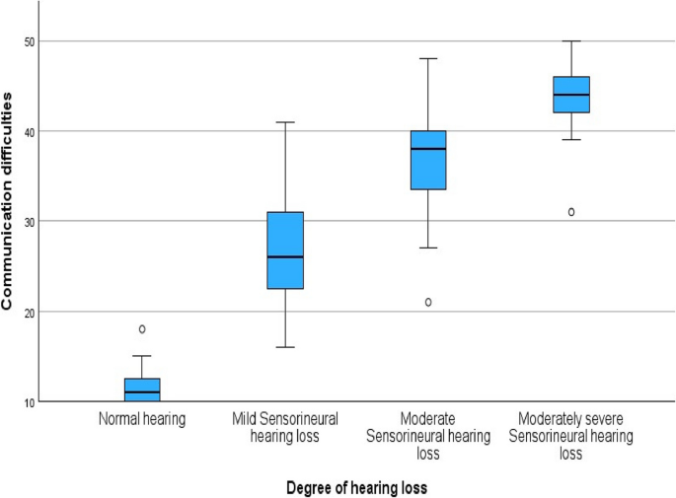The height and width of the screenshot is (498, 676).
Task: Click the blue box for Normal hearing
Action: [x=142, y=390]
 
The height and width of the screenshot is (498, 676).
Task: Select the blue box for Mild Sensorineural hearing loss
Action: [x=285, y=249]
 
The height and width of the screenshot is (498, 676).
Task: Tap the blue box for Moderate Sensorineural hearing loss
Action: [x=428, y=160]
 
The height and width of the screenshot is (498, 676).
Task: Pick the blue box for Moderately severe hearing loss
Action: [x=570, y=95]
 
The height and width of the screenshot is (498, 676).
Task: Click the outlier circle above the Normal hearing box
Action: [x=142, y=329]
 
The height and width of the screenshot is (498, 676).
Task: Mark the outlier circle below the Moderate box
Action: [x=428, y=302]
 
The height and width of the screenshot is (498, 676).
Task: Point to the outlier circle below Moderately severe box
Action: [x=570, y=212]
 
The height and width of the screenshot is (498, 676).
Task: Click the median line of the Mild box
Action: [x=285, y=257]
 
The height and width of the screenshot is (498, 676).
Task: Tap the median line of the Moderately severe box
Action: [x=570, y=95]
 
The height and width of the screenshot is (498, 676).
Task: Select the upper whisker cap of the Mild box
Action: [x=285, y=122]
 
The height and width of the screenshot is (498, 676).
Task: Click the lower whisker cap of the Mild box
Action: [x=285, y=348]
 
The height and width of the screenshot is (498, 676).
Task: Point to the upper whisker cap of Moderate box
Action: [x=428, y=59]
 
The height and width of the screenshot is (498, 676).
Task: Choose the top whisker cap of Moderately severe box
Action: [x=570, y=41]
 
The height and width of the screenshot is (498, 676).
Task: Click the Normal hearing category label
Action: [x=142, y=419]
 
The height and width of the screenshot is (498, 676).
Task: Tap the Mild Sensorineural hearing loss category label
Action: [x=285, y=426]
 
